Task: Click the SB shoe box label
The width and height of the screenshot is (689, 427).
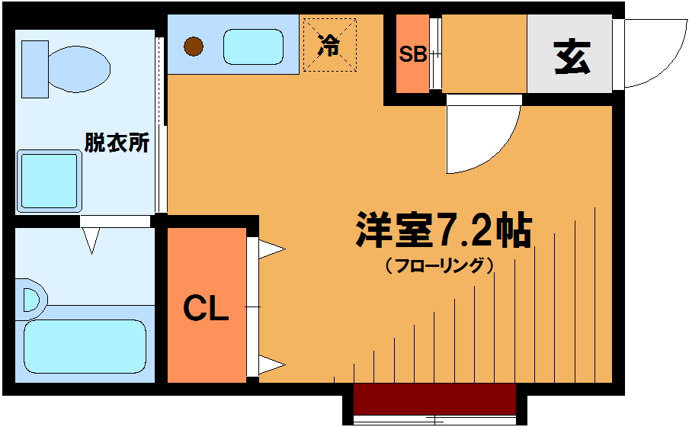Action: pos(412,54)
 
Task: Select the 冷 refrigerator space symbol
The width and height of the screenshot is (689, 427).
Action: pos(329,45)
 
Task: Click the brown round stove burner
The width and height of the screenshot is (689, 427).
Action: pos(194,47)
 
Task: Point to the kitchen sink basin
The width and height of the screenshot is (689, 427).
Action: pos(253,47)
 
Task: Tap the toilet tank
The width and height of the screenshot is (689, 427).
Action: pos(35,69)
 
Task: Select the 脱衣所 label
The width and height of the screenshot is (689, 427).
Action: pos(117,143)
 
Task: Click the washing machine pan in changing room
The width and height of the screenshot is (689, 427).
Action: pos(50,181)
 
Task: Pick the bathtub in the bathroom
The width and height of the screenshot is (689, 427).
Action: pos(85,346)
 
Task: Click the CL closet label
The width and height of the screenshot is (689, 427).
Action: pos(206,308)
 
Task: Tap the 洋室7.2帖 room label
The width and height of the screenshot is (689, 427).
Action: pos(444,230)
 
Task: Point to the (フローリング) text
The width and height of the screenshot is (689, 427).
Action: pos(440,265)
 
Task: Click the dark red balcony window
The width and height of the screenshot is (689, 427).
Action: pos(434,399)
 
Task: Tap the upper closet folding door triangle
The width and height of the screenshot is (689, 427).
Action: pos(271,249)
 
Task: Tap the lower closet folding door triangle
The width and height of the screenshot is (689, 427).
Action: pos(271,365)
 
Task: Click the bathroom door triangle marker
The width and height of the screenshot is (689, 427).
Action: pos(91,240)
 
